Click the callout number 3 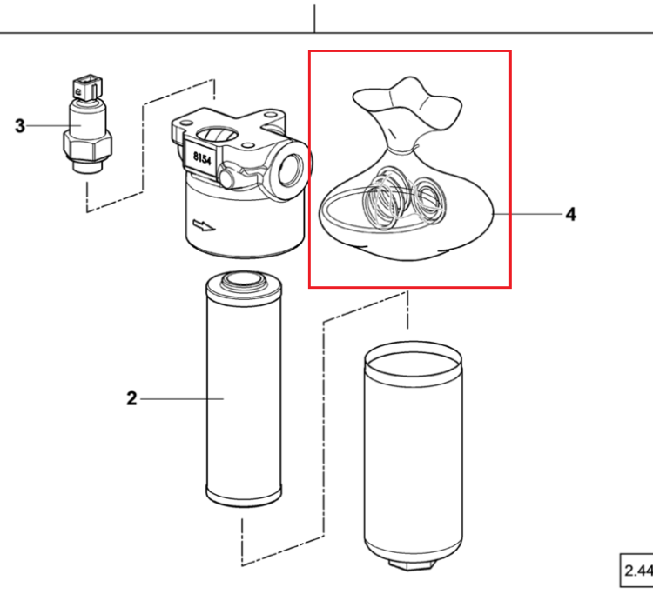click(x=19, y=125)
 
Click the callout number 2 click(x=131, y=398)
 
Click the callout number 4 click(x=571, y=214)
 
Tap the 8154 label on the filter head click(x=202, y=158)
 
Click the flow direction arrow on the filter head click(x=204, y=226)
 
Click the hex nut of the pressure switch click(x=87, y=145)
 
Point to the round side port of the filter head click(x=291, y=169)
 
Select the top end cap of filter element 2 click(x=244, y=284)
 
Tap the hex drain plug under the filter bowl click(x=413, y=565)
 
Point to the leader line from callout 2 click(x=182, y=399)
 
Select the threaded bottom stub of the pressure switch click(x=87, y=166)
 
